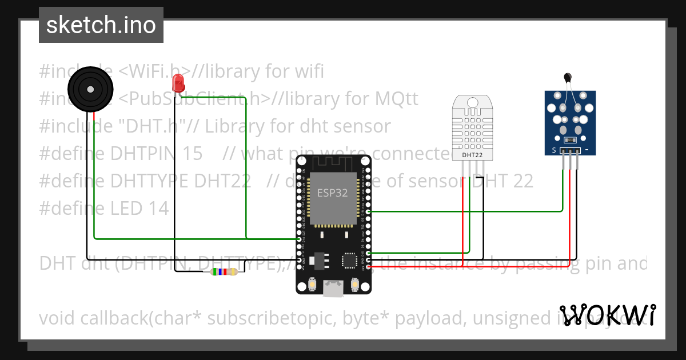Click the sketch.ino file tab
[101, 25]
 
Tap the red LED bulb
[178, 83]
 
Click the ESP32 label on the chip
[332, 193]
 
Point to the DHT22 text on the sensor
[472, 155]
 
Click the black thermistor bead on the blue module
[567, 78]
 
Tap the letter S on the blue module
[553, 150]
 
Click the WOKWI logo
[607, 315]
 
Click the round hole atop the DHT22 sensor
[473, 102]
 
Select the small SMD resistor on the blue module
[569, 140]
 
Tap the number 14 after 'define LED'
[158, 209]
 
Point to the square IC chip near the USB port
[349, 261]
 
